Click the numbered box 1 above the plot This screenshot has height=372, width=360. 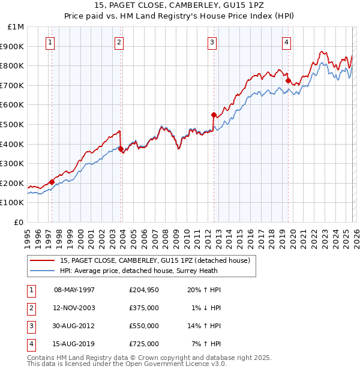50,42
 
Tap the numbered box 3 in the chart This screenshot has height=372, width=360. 212,42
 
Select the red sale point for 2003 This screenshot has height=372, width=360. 121,149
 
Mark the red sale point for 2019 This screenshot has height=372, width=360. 288,80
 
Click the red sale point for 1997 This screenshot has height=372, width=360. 52,182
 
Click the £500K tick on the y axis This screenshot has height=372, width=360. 12,124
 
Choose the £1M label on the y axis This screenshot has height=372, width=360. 16,26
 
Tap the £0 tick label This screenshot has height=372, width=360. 19,222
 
